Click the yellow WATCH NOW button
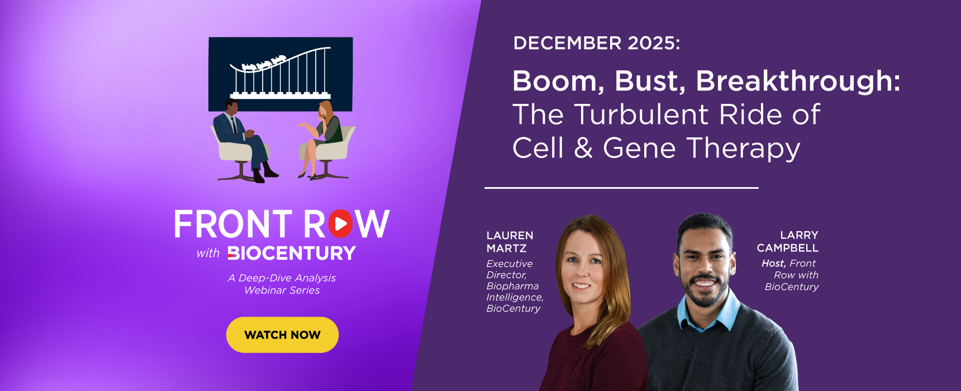282,335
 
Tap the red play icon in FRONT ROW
340,223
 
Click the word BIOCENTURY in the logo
292,253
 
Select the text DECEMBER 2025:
597,43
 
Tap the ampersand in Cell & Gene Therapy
583,148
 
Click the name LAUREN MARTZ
510,242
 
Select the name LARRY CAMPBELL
788,241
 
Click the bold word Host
773,263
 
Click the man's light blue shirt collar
706,313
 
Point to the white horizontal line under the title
621,188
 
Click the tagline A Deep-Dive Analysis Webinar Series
282,284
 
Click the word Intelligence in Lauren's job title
515,297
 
